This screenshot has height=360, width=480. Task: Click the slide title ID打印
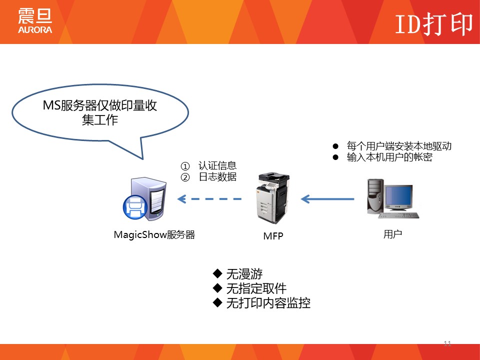[433, 23]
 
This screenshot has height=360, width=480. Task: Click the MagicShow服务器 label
[154, 234]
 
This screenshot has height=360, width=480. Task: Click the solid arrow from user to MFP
[327, 199]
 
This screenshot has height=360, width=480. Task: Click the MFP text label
[273, 236]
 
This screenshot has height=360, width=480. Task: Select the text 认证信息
[217, 166]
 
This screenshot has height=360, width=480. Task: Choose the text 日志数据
[217, 177]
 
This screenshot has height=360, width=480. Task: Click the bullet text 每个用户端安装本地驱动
[399, 146]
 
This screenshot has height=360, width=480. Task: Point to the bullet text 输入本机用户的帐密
[389, 157]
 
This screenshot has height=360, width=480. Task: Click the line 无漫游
[244, 274]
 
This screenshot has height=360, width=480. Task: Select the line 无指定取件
[256, 288]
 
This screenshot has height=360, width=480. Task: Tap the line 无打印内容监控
[268, 303]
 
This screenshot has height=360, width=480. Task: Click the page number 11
[447, 343]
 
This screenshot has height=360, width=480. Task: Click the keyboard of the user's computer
[398, 215]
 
